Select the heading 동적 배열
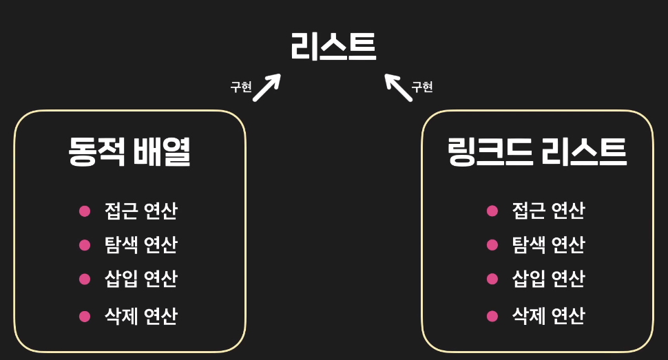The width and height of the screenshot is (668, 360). tap(129, 152)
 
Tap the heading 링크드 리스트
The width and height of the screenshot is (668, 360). tap(536, 152)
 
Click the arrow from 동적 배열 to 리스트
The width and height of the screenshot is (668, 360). tap(267, 87)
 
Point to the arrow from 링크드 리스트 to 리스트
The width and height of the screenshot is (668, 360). tap(398, 87)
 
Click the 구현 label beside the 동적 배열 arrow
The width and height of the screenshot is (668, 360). tap(241, 87)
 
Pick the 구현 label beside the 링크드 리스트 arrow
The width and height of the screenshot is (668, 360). tap(421, 87)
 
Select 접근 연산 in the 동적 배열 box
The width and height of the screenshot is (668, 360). tap(140, 211)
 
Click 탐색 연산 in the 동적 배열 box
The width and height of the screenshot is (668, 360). tap(140, 244)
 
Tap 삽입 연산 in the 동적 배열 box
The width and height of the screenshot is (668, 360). tap(140, 279)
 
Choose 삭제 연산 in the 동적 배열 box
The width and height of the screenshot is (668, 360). tap(140, 316)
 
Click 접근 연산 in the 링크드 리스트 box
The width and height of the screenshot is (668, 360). tap(548, 211)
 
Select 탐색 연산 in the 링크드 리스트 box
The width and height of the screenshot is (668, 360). tap(548, 244)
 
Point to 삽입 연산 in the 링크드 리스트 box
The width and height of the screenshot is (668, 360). tap(548, 279)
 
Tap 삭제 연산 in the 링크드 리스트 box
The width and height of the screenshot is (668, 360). tap(548, 316)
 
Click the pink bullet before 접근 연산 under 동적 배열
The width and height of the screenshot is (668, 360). tap(85, 211)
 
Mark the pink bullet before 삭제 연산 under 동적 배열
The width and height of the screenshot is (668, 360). tap(85, 317)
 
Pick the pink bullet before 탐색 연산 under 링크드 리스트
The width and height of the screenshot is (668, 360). tap(492, 245)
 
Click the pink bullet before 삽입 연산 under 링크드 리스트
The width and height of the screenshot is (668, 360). tap(492, 279)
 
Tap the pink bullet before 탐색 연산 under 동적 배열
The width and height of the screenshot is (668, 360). tap(85, 245)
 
